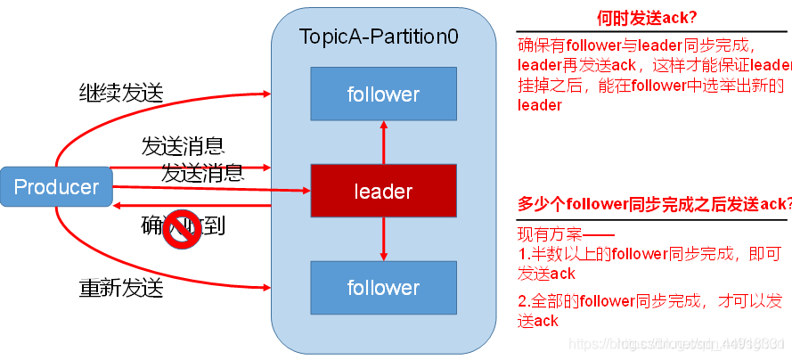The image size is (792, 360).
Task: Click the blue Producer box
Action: point(56,187)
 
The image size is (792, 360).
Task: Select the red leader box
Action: point(383,191)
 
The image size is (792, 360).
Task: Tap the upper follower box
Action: point(383,94)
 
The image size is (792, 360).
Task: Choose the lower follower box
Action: point(383,287)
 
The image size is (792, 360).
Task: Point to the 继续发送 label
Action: point(121,92)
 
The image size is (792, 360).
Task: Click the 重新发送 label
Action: point(121,289)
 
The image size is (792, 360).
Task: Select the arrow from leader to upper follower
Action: point(384,143)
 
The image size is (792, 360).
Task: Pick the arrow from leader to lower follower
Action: point(384,239)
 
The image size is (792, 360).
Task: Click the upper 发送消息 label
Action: point(183,145)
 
